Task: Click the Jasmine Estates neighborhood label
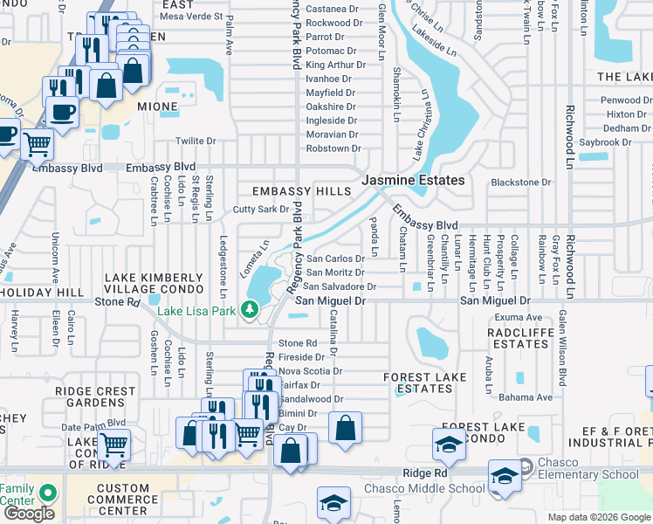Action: coord(413,180)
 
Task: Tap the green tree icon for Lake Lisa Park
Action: coord(250,310)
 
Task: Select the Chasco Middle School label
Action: coord(423,488)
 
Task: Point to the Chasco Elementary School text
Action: coord(589,474)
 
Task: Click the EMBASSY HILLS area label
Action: coord(294,191)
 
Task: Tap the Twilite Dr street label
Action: coord(196,141)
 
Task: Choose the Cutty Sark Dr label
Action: coord(260,210)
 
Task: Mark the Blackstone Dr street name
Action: coord(521,183)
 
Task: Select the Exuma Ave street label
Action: coord(521,317)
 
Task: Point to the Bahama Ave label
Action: coord(532,397)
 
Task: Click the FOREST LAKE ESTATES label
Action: coord(417,383)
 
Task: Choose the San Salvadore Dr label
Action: coord(340,286)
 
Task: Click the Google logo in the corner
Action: coord(29,514)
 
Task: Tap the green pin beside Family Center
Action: coord(48,493)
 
